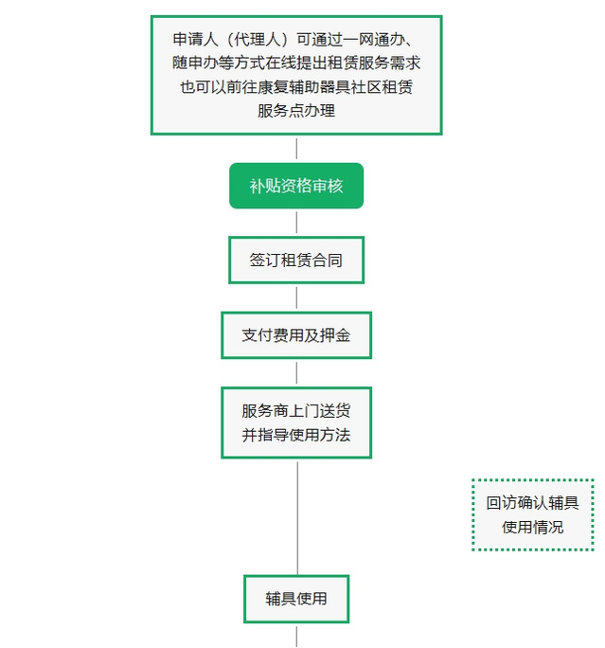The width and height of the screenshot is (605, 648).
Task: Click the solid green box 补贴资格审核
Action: click(296, 186)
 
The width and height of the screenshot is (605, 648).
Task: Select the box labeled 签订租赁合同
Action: click(296, 260)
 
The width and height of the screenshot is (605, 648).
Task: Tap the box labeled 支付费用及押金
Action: click(296, 335)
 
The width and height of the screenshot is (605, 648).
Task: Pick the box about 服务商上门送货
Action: click(296, 423)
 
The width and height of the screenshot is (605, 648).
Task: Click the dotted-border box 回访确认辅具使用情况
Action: click(533, 514)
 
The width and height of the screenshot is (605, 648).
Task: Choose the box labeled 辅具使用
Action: click(296, 599)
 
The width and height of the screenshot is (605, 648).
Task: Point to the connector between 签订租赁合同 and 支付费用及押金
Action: click(296, 298)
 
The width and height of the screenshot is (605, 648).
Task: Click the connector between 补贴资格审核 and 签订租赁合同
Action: click(296, 223)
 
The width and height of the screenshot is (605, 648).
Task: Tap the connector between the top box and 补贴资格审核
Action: click(296, 149)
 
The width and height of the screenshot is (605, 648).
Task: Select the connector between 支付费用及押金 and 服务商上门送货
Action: click(296, 373)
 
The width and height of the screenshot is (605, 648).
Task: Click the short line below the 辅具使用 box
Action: click(296, 637)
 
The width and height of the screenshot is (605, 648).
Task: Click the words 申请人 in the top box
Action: click(195, 39)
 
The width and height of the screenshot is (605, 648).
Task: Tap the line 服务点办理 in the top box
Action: click(296, 110)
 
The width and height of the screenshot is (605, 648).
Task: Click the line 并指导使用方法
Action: click(296, 435)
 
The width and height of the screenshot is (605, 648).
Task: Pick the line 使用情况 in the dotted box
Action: click(533, 527)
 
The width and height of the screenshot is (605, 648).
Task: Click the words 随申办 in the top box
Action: click(195, 63)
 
